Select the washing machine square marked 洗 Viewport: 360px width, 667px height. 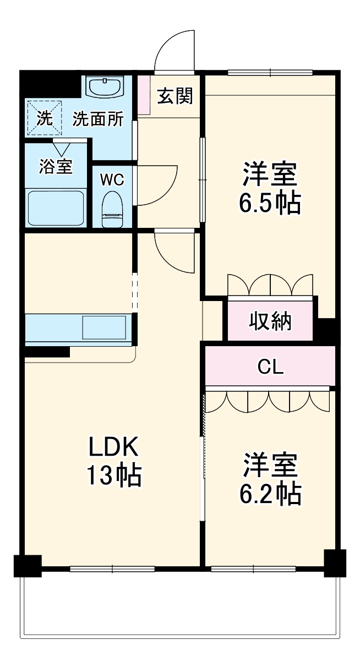[x=44, y=117]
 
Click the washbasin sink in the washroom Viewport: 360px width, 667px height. [x=106, y=86]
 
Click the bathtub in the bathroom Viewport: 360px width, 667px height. [x=56, y=208]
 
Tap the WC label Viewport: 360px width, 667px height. [x=112, y=179]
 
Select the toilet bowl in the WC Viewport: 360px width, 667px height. [x=112, y=209]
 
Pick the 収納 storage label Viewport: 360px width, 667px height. [x=270, y=321]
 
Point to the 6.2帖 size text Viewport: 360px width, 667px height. [x=270, y=494]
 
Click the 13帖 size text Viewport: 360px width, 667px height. [x=113, y=475]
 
